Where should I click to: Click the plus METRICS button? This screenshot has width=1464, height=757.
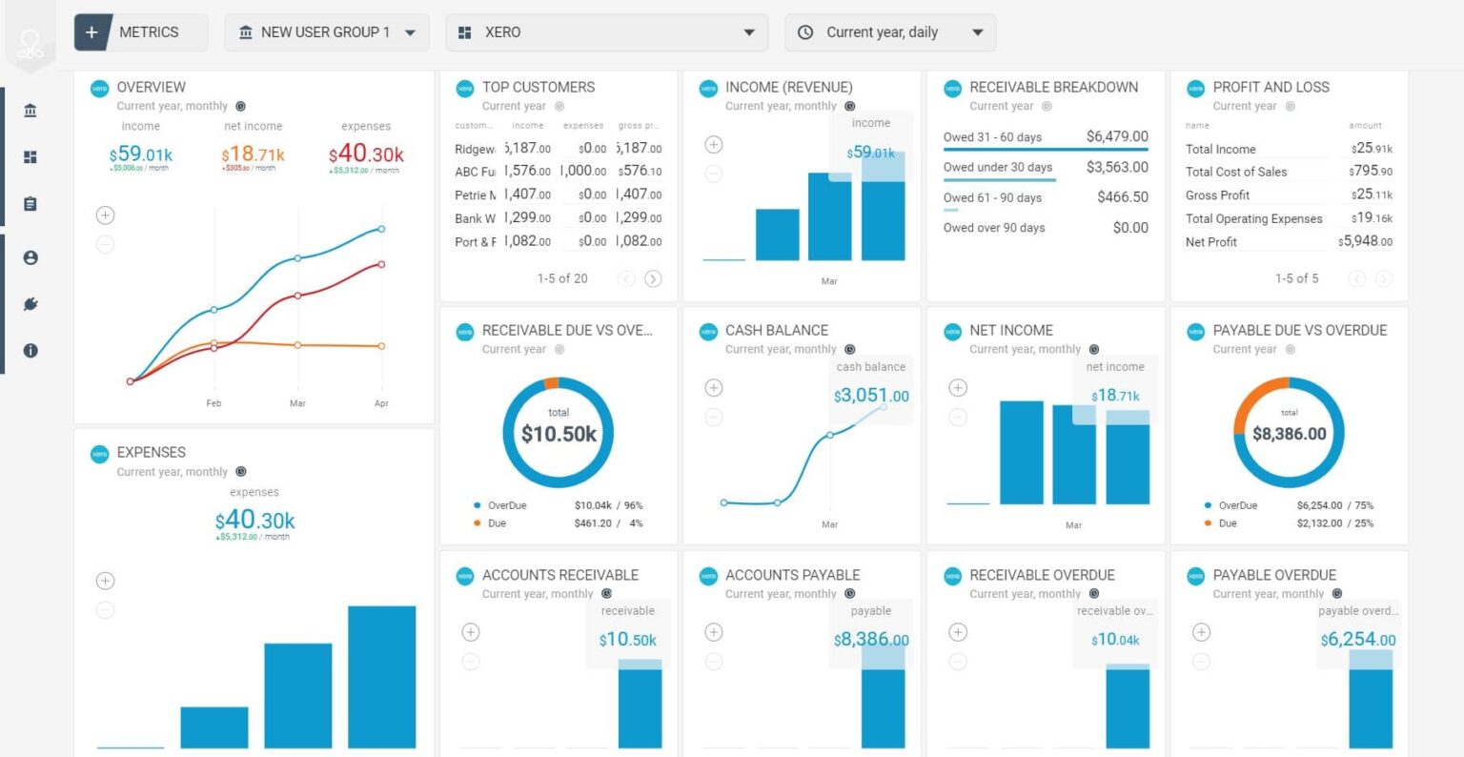[139, 32]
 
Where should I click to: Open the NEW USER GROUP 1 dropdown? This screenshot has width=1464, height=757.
[327, 32]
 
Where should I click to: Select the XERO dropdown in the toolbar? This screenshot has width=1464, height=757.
[606, 32]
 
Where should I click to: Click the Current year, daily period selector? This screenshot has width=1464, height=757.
[890, 32]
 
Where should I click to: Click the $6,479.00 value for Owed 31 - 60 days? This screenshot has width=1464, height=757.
[1117, 136]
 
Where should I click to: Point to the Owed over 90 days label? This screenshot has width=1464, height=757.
[994, 228]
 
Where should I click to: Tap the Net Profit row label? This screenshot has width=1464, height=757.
[1210, 242]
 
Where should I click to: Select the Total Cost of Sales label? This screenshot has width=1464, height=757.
[1236, 172]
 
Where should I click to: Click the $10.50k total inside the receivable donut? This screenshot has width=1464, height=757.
[559, 435]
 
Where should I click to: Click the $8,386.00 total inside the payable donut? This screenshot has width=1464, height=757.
[1289, 434]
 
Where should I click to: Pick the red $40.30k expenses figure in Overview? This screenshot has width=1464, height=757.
[366, 153]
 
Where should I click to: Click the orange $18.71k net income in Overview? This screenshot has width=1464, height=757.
[253, 153]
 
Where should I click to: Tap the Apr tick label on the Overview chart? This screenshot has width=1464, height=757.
[381, 403]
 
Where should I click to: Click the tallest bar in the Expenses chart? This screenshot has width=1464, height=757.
[381, 677]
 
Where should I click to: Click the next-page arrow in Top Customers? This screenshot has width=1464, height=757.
[653, 278]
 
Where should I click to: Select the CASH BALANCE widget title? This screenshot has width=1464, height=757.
[776, 331]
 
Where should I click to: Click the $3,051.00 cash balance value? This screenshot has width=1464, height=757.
[871, 396]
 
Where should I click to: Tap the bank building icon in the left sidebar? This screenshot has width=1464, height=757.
[30, 111]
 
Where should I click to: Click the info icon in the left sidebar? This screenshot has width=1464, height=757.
[30, 350]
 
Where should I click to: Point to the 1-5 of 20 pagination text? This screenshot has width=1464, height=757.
[562, 278]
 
